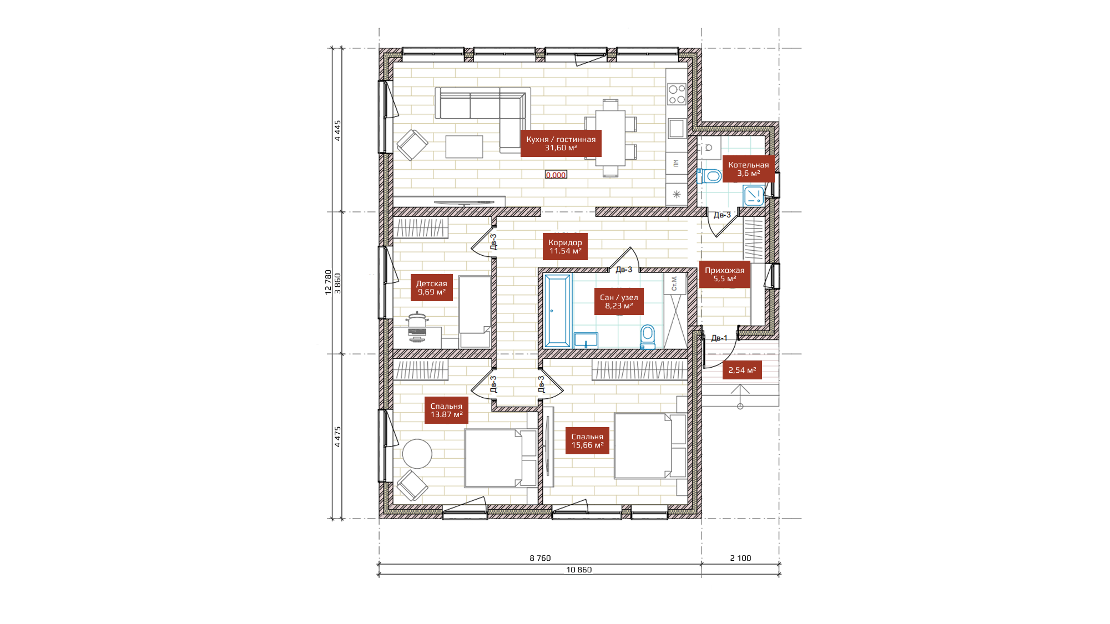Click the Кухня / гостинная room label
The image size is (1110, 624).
(x=561, y=144)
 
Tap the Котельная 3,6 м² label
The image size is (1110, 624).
(x=748, y=169)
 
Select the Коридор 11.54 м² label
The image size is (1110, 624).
(x=565, y=246)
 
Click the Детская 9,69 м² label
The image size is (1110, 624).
(x=431, y=287)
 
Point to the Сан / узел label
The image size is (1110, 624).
(x=619, y=301)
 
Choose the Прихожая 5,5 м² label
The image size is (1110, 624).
(x=724, y=274)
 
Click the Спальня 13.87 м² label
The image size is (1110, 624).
(x=446, y=410)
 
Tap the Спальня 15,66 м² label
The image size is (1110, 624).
(x=587, y=440)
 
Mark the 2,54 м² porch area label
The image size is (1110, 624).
(x=742, y=370)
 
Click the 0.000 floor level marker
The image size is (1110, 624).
(x=556, y=175)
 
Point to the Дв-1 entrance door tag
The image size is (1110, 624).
(x=719, y=338)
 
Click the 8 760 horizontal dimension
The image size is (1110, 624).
(x=540, y=558)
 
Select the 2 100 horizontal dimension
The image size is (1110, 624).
(x=740, y=558)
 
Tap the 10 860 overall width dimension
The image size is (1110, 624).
(x=579, y=570)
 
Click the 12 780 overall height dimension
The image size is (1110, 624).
(x=328, y=282)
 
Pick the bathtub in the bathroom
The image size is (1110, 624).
(x=558, y=311)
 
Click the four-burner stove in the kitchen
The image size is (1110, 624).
(x=677, y=94)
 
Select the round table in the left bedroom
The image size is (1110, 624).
(x=417, y=454)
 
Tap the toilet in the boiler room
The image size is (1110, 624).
(x=709, y=176)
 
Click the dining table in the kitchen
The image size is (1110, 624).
(x=610, y=138)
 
